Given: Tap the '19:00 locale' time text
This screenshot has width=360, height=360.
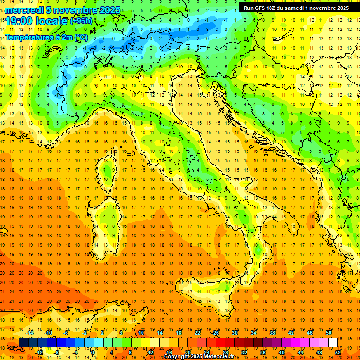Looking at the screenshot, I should click(36, 22).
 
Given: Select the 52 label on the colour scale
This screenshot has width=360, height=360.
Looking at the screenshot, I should click(338, 352).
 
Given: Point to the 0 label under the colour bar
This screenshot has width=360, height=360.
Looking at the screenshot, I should click(93, 352).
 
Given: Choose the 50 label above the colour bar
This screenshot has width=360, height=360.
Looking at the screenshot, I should click(329, 333).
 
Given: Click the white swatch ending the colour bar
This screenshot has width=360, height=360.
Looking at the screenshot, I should click(333, 342).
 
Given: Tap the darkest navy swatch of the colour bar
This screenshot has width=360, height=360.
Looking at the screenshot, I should click(24, 342).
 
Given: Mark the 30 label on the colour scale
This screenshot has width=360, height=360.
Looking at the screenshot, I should click(234, 333).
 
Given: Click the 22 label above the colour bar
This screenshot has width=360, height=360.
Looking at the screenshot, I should click(197, 333).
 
